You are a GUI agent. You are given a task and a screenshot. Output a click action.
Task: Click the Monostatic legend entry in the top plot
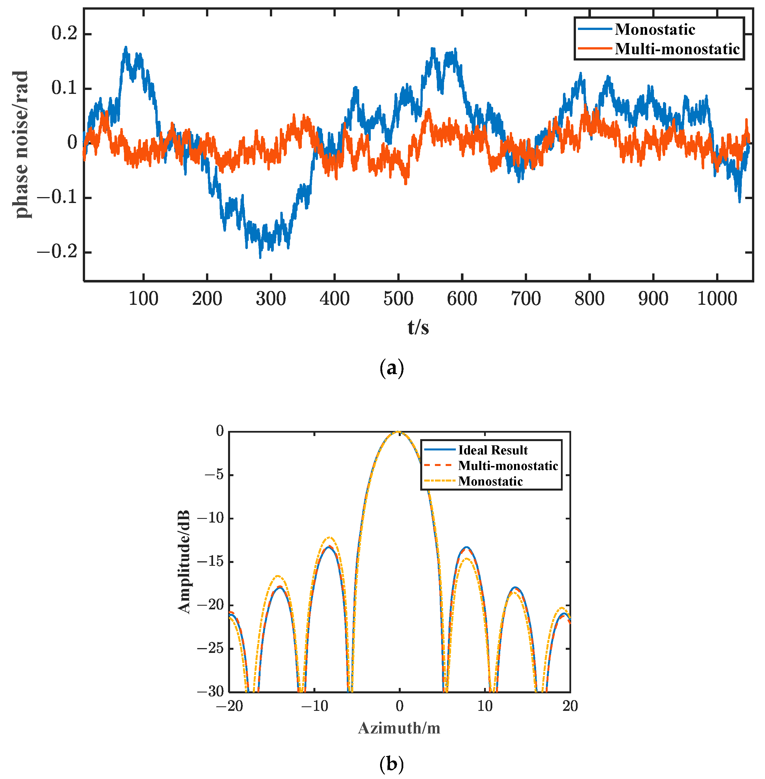[655, 30]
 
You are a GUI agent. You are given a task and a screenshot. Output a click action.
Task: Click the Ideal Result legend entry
[493, 450]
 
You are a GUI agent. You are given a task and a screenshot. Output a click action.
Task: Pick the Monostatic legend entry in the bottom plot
[490, 481]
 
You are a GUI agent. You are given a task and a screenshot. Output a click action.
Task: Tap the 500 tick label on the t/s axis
[398, 299]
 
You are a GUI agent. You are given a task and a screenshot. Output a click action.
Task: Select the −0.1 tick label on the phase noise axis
[57, 198]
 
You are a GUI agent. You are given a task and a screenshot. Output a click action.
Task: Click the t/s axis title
[418, 327]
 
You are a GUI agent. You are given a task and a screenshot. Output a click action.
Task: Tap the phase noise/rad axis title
[21, 145]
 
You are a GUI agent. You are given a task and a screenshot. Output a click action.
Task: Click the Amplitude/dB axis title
[184, 562]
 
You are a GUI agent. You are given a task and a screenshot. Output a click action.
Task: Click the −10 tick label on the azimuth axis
[314, 706]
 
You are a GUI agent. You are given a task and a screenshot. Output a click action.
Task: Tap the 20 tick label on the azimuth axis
[570, 706]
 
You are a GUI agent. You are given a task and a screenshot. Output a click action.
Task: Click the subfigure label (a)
[391, 368]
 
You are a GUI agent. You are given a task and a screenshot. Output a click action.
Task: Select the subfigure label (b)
[391, 763]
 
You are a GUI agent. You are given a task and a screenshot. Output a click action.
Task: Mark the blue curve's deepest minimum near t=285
[260, 257]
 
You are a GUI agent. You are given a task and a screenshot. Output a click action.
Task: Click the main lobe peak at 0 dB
[398, 432]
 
